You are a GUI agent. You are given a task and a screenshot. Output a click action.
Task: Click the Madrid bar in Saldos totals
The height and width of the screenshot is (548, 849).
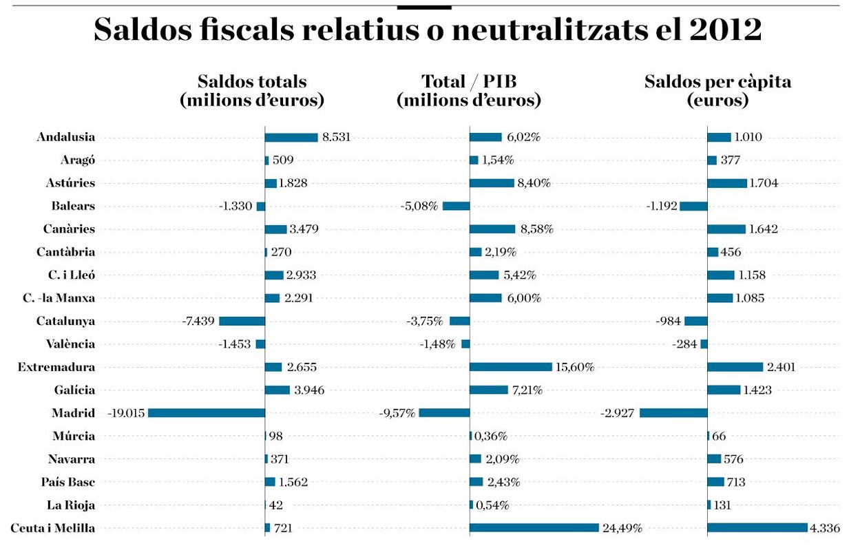tap(207, 413)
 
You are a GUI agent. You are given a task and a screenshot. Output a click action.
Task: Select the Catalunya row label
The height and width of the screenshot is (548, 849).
tap(66, 321)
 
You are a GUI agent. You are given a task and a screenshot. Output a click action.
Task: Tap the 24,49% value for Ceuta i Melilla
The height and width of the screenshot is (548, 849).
tap(622, 528)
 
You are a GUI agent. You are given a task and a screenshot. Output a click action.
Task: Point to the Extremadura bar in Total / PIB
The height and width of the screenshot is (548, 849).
tap(511, 367)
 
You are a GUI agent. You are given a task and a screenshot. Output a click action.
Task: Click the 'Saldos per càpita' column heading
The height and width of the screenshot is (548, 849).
tap(717, 91)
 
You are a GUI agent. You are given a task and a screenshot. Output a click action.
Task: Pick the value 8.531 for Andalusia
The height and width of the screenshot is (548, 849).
tap(336, 137)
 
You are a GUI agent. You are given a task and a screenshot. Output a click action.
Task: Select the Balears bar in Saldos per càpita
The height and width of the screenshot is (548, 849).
tap(693, 206)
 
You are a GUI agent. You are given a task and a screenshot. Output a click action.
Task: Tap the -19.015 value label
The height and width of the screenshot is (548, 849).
tap(126, 413)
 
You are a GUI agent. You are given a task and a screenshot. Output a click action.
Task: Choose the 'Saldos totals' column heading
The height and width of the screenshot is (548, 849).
tap(252, 91)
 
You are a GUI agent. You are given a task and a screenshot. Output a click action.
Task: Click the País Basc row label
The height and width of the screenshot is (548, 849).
tap(68, 482)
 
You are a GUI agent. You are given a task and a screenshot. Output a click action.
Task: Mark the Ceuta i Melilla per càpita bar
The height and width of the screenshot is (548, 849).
tap(757, 528)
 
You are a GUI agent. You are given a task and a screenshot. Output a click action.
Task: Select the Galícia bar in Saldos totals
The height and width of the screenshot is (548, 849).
tap(277, 390)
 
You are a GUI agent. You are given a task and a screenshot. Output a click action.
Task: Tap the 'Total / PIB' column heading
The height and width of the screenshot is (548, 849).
tap(469, 91)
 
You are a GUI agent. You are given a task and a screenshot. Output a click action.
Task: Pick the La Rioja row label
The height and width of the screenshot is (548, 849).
tap(71, 505)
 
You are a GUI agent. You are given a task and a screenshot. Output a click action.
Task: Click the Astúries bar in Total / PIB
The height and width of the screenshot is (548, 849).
tap(492, 183)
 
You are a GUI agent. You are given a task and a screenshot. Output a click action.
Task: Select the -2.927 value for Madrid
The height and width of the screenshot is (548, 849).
tap(619, 413)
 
